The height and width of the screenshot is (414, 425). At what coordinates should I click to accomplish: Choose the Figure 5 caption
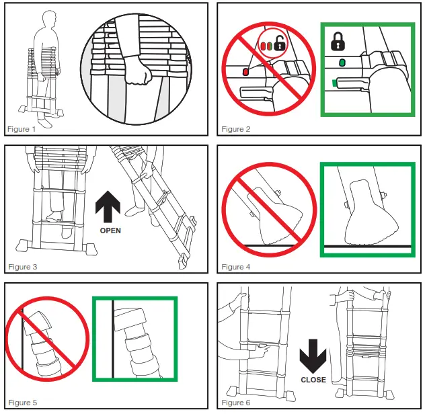[x=23, y=403]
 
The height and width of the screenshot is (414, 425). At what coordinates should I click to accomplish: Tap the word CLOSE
[x=313, y=380]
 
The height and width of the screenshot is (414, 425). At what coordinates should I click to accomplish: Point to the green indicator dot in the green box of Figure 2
[x=342, y=63]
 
